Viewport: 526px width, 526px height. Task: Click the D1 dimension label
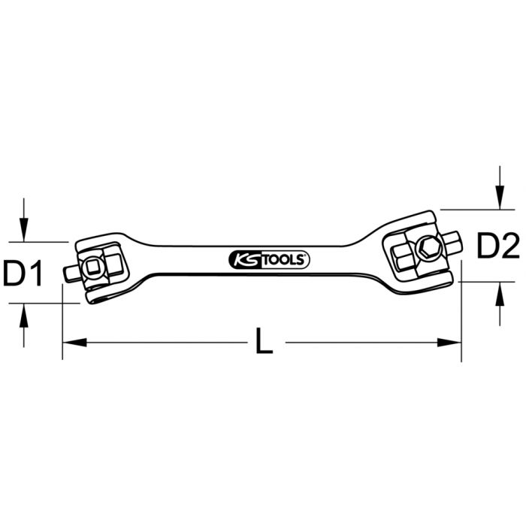pyautogui.click(x=23, y=274)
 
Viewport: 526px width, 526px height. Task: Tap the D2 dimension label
pyautogui.click(x=499, y=245)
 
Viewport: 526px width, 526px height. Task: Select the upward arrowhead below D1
pyautogui.click(x=24, y=314)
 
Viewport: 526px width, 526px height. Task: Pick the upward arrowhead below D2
pyautogui.click(x=499, y=293)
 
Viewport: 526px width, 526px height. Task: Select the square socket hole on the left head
pyautogui.click(x=95, y=267)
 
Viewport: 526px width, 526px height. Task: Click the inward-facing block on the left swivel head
pyautogui.click(x=115, y=264)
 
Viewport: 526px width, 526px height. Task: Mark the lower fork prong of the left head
pyautogui.click(x=101, y=295)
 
